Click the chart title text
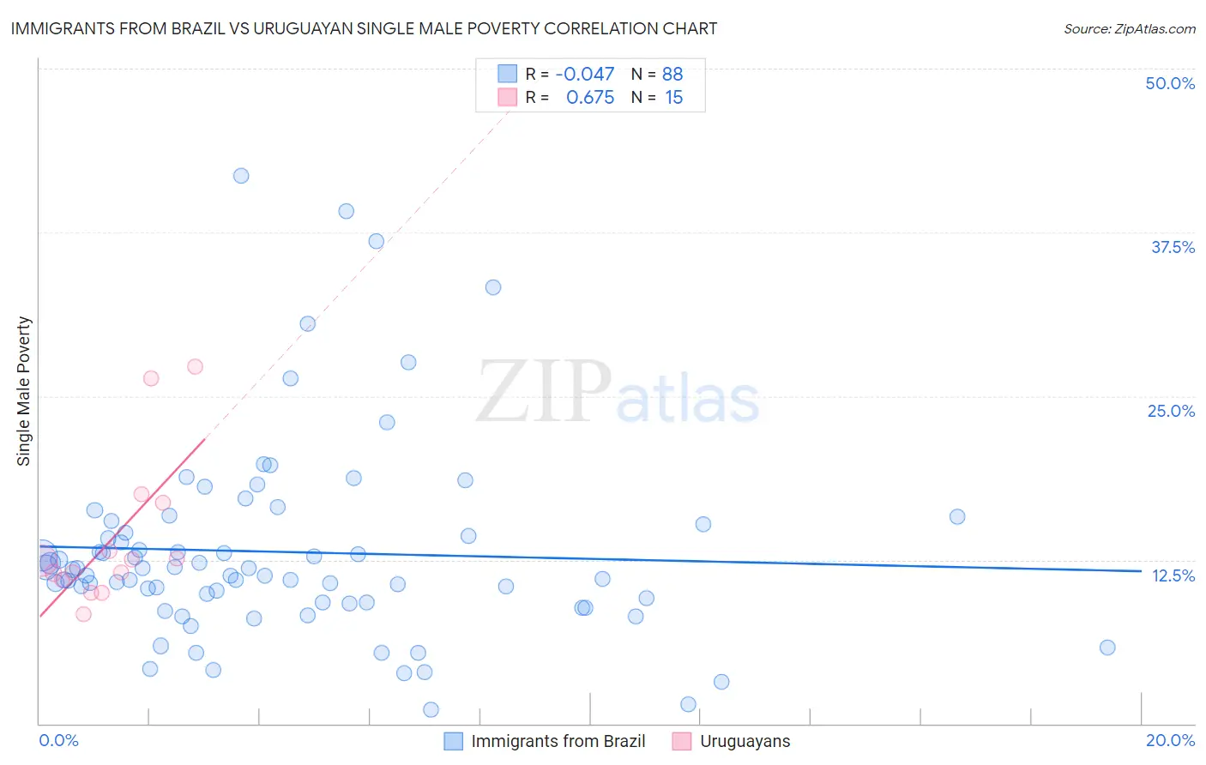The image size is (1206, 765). point(364,28)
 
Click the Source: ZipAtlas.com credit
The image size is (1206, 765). point(1129,28)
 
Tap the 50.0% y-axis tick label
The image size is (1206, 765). point(1170,83)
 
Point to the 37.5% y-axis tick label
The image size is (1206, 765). point(1173,247)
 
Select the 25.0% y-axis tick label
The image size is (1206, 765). point(1171,411)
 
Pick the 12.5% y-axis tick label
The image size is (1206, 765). point(1173,575)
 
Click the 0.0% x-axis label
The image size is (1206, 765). point(58,740)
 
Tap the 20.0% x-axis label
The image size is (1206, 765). point(1170,740)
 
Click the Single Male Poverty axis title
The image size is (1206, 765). point(24,391)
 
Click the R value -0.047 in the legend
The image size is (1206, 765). point(585,75)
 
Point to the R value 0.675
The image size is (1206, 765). point(590,98)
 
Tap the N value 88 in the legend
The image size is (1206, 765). point(672,75)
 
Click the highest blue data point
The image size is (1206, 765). point(241,176)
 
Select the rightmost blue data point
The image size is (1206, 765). point(1107,648)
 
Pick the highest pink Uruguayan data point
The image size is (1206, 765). point(195,366)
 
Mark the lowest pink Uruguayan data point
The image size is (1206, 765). point(83,614)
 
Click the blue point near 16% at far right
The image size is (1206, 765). point(957,516)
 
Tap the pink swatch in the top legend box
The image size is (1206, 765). point(508,98)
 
